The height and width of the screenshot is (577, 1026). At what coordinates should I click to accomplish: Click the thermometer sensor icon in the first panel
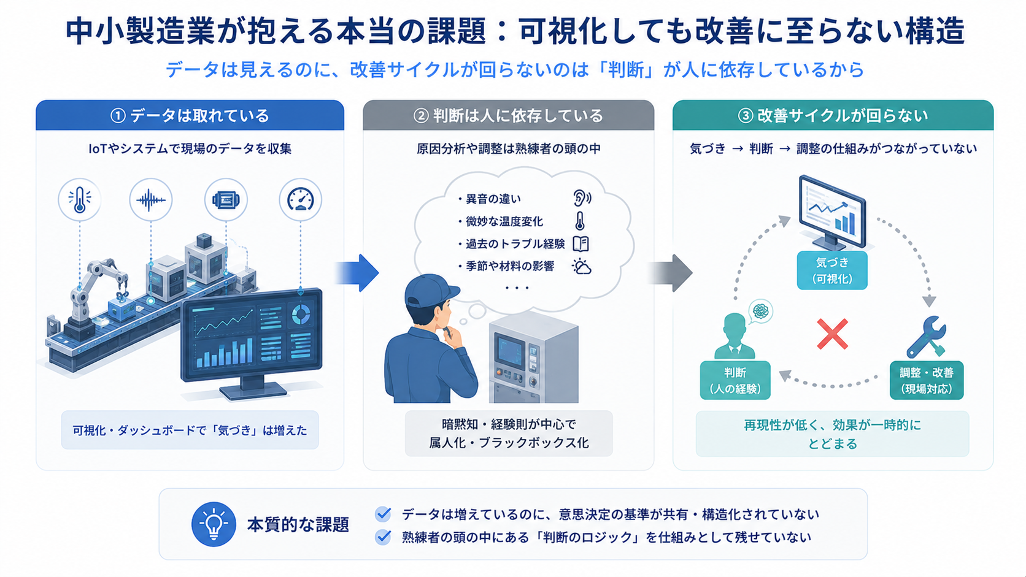(x=80, y=199)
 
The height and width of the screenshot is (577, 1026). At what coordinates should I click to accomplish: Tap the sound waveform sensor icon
(x=151, y=199)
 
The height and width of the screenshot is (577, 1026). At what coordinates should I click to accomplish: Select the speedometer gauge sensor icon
(x=301, y=199)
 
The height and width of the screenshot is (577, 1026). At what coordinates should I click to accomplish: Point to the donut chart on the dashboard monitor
(x=301, y=314)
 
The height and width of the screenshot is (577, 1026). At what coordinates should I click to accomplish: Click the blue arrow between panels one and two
(x=357, y=273)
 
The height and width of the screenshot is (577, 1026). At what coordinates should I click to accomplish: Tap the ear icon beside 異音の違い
(x=582, y=198)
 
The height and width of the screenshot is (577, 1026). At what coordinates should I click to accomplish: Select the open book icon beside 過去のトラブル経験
(x=580, y=244)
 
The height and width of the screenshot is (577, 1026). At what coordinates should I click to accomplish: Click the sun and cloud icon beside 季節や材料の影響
(x=582, y=266)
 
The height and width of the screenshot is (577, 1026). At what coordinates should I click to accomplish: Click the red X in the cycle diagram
(x=832, y=334)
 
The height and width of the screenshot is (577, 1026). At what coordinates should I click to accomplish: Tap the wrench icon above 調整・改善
(x=926, y=337)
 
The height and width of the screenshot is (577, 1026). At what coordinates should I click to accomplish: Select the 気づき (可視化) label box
(x=832, y=270)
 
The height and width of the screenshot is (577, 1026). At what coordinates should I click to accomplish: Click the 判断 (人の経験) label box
(x=735, y=380)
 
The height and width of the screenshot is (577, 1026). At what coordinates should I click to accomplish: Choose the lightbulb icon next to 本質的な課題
(x=214, y=524)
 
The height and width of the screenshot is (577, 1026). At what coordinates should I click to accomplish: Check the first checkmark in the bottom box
(x=383, y=514)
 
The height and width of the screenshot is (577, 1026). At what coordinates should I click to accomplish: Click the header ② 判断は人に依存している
(x=509, y=115)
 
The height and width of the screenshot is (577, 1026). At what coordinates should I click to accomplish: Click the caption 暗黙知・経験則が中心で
(x=509, y=424)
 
